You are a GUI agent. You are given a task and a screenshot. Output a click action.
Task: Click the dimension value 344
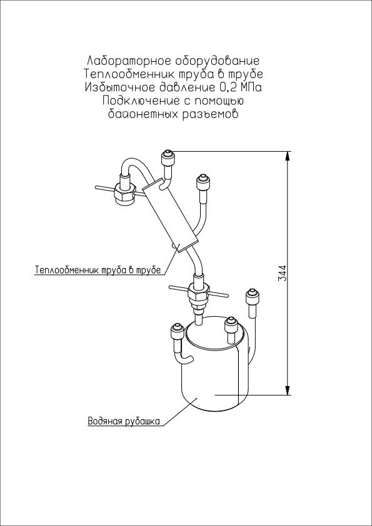coord(283,273)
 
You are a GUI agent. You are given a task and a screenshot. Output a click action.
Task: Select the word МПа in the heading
coord(250,87)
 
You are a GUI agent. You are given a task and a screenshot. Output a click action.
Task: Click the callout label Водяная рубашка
coord(124,421)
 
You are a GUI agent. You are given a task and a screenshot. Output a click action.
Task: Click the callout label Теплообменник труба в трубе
coord(98,270)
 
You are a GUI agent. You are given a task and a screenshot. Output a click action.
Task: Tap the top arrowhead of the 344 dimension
coord(288,157)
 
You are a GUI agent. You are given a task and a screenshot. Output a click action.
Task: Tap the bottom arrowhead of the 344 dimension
coord(288,389)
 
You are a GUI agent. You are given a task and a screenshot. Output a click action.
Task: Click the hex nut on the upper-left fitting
coord(124,193)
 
